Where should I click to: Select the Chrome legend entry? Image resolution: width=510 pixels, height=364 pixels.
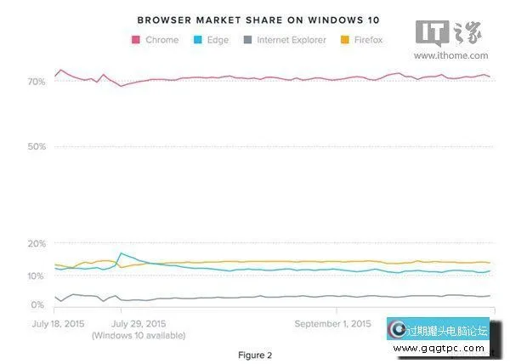161,39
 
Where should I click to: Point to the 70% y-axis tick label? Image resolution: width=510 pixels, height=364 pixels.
36,82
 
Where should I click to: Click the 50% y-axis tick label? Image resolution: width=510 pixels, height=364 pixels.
36,146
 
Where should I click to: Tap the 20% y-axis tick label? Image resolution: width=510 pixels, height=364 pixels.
36,244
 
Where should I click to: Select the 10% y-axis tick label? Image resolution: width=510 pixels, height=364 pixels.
36,276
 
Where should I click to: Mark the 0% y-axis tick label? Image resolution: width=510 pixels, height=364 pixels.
37,304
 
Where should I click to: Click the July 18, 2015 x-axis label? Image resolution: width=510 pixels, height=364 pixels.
58,324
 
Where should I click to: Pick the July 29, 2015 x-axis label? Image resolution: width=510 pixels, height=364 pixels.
139,324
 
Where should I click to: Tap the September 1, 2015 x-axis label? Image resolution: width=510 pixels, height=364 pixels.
332,324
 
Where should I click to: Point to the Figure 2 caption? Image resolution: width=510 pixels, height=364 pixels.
254,354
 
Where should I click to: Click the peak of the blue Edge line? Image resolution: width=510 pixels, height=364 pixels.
122,253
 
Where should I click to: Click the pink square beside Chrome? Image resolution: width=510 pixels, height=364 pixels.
136,39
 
